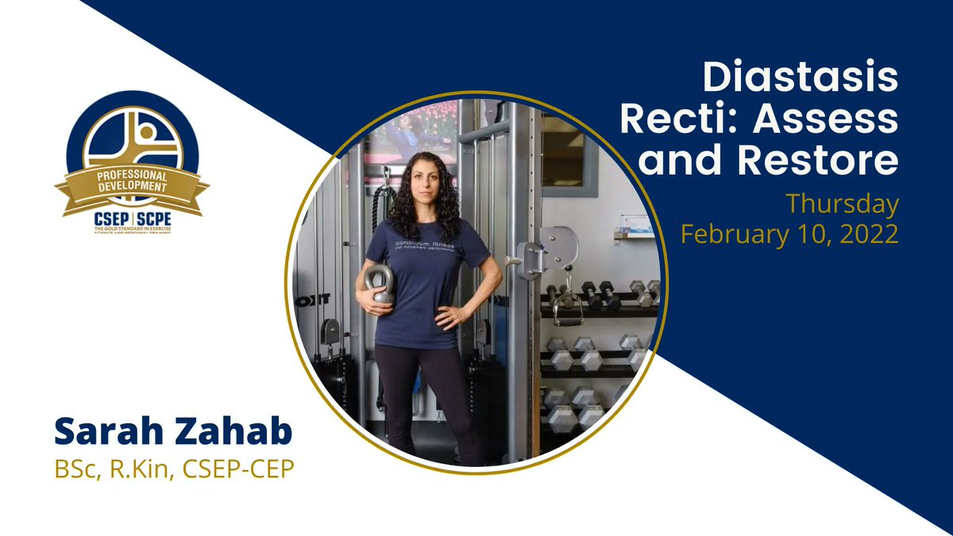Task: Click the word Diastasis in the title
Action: tap(801, 79)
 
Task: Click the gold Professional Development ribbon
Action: tap(132, 182)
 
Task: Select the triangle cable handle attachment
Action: tap(566, 309)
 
